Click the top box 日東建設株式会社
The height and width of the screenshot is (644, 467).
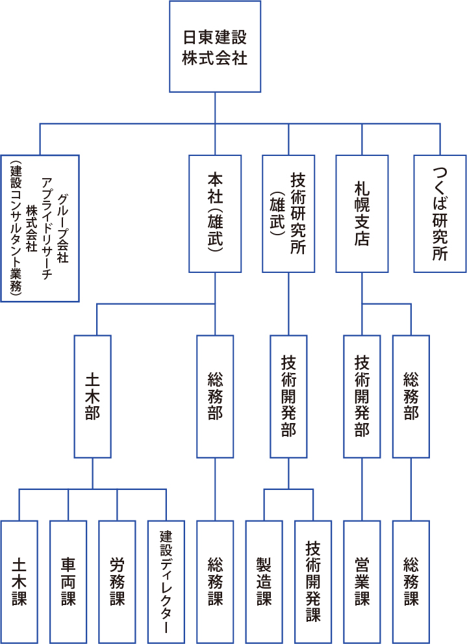click(x=215, y=46)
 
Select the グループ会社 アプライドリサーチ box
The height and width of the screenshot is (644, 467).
click(x=40, y=228)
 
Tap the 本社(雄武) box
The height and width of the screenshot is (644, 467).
click(x=215, y=213)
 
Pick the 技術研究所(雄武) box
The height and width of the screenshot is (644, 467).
click(x=288, y=213)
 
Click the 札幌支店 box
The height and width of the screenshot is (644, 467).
click(x=362, y=213)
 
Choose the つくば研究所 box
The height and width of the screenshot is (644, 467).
click(x=440, y=213)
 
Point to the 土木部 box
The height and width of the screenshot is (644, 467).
click(x=92, y=396)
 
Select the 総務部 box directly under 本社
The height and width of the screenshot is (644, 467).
click(x=215, y=396)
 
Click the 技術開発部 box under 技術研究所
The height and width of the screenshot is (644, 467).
click(x=288, y=396)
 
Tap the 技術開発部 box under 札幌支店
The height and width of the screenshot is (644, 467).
click(x=362, y=396)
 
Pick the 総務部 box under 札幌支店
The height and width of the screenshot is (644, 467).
click(x=410, y=396)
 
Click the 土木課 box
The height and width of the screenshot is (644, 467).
click(x=19, y=581)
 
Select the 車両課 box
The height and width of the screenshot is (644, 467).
click(x=68, y=581)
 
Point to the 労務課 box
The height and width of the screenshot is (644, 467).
click(x=117, y=581)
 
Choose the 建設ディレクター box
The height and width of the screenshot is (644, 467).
click(x=166, y=581)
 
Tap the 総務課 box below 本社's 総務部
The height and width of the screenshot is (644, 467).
click(x=215, y=581)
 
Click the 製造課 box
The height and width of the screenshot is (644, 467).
click(x=264, y=581)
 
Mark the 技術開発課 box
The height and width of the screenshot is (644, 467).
click(x=312, y=581)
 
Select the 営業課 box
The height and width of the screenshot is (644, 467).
click(x=362, y=581)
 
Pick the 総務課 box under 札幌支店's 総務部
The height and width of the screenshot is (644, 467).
click(x=410, y=581)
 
